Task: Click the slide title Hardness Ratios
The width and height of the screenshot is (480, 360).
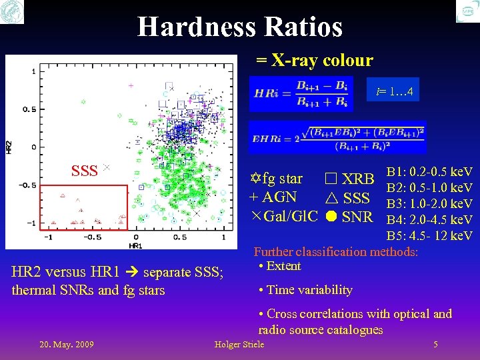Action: (x=240, y=27)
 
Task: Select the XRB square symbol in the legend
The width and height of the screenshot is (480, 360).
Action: (x=330, y=179)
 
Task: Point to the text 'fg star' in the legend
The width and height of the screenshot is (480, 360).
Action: (x=283, y=179)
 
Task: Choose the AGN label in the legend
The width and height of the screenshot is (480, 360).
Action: (x=279, y=197)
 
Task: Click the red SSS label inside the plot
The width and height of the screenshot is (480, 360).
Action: (x=85, y=170)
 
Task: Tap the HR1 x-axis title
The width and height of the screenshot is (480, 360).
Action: (x=135, y=246)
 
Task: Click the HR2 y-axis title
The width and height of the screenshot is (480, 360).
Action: (x=9, y=147)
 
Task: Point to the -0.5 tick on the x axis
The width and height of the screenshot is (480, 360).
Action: (x=92, y=237)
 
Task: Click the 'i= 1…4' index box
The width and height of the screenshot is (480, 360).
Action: (x=395, y=92)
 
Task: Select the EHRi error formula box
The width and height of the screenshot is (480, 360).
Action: (x=337, y=138)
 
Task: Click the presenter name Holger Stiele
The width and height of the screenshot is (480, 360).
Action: (x=239, y=344)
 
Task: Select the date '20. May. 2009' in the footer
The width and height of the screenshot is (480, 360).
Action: (x=67, y=344)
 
